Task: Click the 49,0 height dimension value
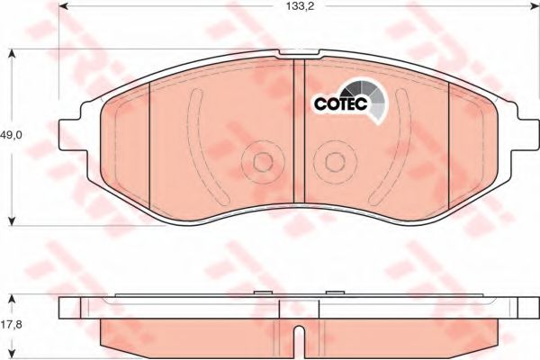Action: [11, 135]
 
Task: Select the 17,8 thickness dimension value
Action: [11, 325]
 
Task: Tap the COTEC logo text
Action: [341, 103]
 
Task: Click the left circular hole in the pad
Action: [263, 162]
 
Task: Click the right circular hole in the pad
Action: [335, 162]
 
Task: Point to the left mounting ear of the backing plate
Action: [70, 135]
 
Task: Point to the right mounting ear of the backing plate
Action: [528, 135]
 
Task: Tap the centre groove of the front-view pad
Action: [299, 130]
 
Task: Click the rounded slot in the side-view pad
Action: [301, 339]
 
